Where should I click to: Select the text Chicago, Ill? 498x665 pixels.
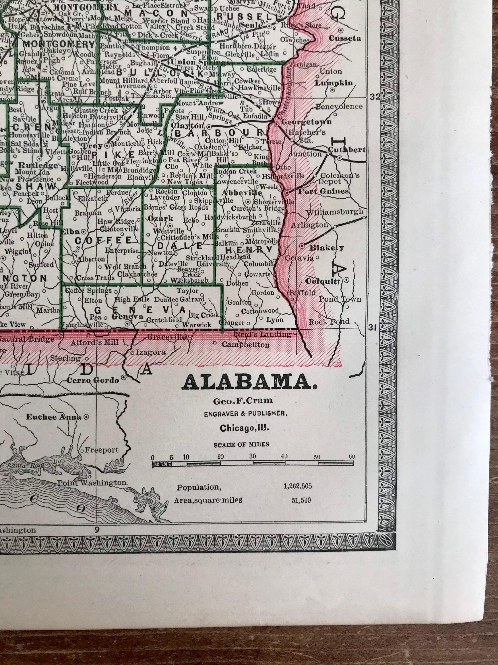(244, 428)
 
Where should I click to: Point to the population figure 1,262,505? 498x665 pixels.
(297, 486)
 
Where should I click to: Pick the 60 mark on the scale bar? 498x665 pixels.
(352, 457)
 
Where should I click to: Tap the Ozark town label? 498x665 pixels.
(161, 219)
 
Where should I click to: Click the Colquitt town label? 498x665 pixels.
(322, 281)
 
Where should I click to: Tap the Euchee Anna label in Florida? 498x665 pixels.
(53, 417)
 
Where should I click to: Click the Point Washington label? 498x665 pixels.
(92, 483)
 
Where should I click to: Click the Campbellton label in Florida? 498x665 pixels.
(245, 345)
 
